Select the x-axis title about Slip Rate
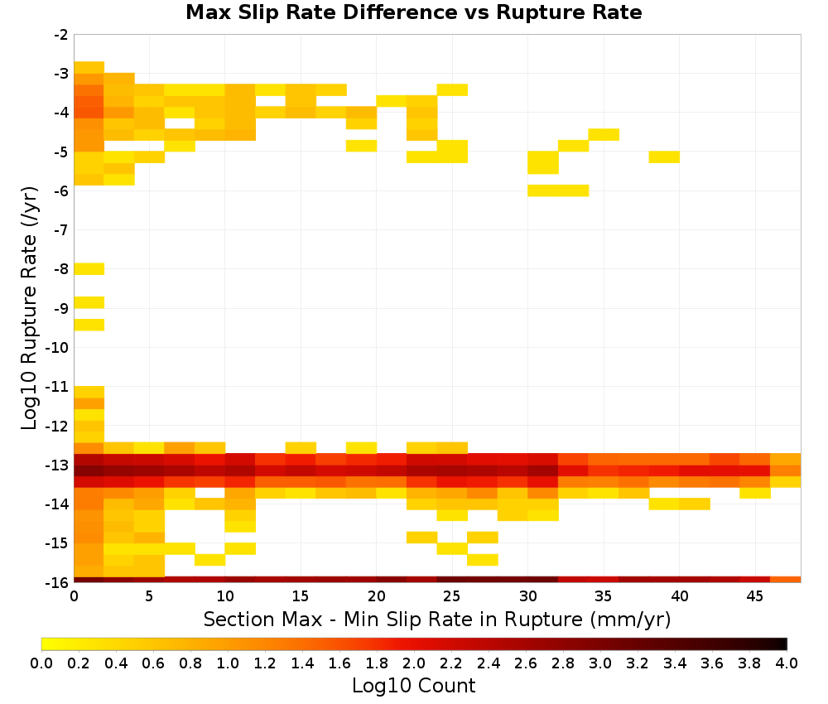pyautogui.click(x=436, y=619)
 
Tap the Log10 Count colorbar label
pyautogui.click(x=413, y=686)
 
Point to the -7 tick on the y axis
pyautogui.click(x=61, y=229)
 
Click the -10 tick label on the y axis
pyautogui.click(x=58, y=347)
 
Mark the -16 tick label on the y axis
pyautogui.click(x=58, y=582)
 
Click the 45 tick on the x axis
pyautogui.click(x=754, y=596)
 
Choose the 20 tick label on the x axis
pyautogui.click(x=377, y=596)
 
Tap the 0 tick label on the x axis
pyautogui.click(x=74, y=596)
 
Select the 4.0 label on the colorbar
pyautogui.click(x=787, y=663)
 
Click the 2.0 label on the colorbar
pyautogui.click(x=413, y=663)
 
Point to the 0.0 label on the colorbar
pyautogui.click(x=41, y=663)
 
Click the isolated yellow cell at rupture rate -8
pyautogui.click(x=89, y=269)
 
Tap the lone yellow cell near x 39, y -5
pyautogui.click(x=664, y=157)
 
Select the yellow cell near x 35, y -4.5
pyautogui.click(x=604, y=134)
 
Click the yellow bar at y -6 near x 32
pyautogui.click(x=558, y=190)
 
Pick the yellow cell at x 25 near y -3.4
pyautogui.click(x=452, y=89)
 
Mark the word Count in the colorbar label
pyautogui.click(x=446, y=686)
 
